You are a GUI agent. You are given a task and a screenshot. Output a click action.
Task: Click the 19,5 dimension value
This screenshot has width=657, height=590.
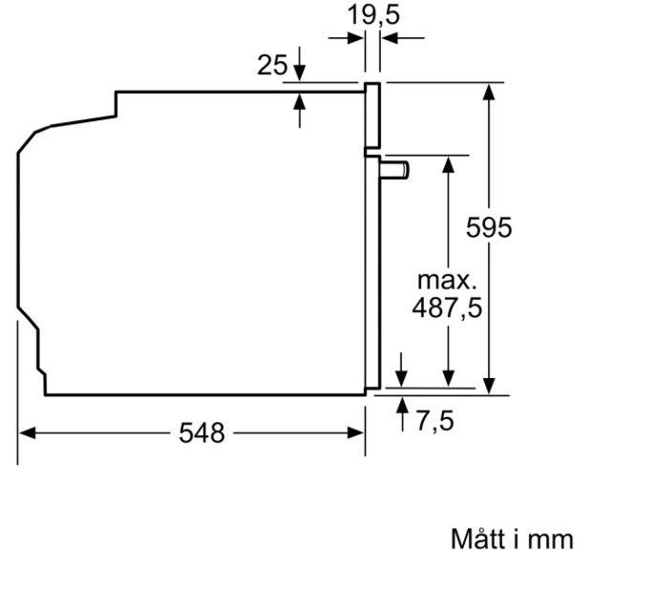pyautogui.click(x=373, y=15)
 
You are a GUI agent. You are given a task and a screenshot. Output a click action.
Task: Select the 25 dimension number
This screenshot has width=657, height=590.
pyautogui.click(x=272, y=65)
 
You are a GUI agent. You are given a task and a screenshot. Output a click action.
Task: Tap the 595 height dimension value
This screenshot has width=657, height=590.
pyautogui.click(x=489, y=227)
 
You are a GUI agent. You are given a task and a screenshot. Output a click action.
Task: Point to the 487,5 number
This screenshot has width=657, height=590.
pyautogui.click(x=447, y=308)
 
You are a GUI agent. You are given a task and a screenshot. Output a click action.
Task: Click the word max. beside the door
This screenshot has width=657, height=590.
pyautogui.click(x=447, y=281)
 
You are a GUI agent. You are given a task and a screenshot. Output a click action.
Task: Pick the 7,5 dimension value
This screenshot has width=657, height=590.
pyautogui.click(x=434, y=421)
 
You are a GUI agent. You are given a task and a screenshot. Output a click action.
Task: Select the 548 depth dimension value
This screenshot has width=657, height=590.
pyautogui.click(x=201, y=432)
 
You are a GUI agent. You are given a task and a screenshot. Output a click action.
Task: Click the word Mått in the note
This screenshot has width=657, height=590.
pyautogui.click(x=477, y=538)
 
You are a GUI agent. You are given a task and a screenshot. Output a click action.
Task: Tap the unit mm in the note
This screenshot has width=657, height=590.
pyautogui.click(x=550, y=540)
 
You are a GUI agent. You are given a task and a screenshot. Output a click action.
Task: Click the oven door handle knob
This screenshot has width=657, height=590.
pyautogui.click(x=394, y=170)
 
